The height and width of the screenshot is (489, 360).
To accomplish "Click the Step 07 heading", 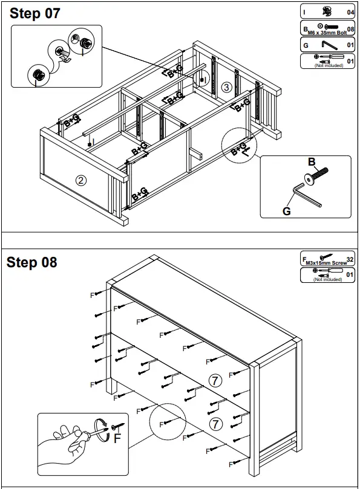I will click(35, 14).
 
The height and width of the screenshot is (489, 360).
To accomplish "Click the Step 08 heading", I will click(31, 262).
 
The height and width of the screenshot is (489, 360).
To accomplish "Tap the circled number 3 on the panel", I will click(226, 87).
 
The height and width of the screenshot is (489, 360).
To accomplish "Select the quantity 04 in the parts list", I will click(350, 11).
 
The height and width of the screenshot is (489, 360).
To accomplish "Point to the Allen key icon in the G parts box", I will click(329, 45).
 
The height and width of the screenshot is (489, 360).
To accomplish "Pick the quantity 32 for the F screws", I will click(350, 259).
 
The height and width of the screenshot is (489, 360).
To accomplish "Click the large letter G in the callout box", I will click(287, 211).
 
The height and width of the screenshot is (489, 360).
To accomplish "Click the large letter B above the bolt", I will click(312, 162).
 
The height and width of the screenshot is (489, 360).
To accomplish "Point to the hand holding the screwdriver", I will click(67, 444).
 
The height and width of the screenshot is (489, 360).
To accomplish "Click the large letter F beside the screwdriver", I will click(118, 439).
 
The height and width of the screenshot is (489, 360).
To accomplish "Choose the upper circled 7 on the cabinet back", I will click(215, 380).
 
